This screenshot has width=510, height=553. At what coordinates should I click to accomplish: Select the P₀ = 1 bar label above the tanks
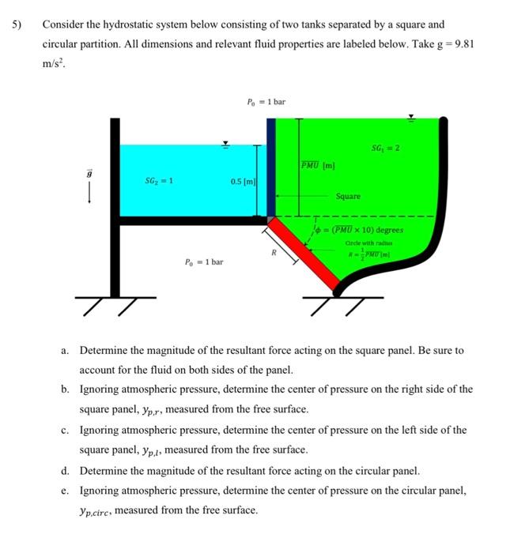[x=266, y=102]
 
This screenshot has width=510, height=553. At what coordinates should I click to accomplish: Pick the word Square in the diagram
[x=348, y=195]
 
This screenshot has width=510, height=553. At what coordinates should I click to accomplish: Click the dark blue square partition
[x=271, y=166]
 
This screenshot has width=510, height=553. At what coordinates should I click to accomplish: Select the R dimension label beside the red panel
[x=273, y=253]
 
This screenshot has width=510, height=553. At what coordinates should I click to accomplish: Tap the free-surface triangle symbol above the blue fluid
[x=225, y=143]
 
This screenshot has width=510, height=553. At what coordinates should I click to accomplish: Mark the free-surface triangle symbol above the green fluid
[x=411, y=118]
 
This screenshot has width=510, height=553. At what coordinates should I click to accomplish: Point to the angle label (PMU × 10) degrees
[x=365, y=230]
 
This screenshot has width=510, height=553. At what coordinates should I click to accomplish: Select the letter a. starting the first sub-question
[x=66, y=349]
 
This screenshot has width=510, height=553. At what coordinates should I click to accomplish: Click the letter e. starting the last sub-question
[x=66, y=491]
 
